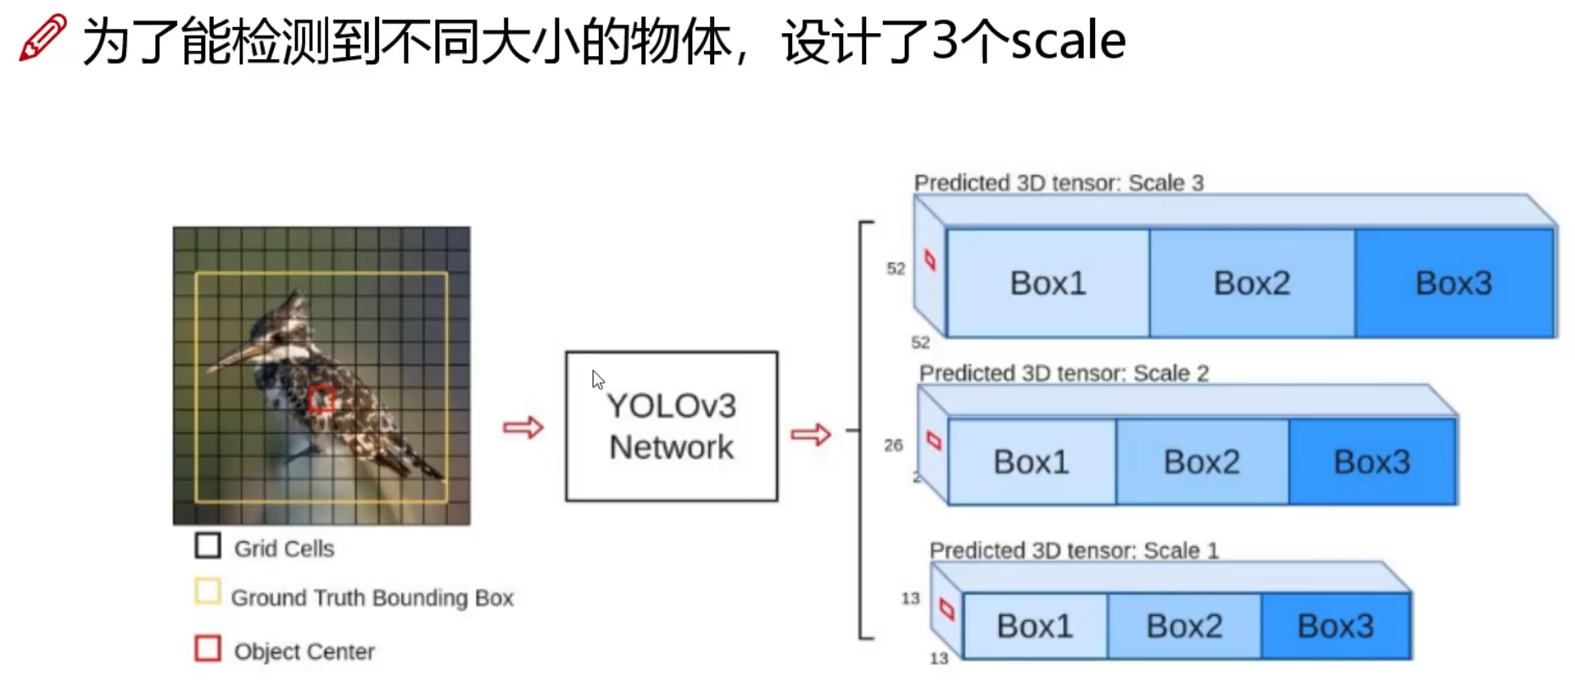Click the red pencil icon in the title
point(42,37)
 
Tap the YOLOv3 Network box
point(671,426)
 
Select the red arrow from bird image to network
point(522,427)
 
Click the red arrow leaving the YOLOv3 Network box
point(810,434)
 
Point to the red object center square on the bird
point(321,398)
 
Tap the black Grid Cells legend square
point(207,545)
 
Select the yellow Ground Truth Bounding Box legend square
point(207,591)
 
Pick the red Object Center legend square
point(207,648)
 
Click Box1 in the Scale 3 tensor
point(1047,283)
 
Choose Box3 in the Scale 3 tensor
point(1453,283)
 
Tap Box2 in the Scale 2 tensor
point(1201,462)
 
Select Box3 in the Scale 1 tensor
point(1335,626)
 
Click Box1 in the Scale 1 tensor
point(1034,626)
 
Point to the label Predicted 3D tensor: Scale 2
point(1064,373)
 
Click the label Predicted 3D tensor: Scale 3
point(1058,183)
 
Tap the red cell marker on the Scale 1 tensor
point(947,609)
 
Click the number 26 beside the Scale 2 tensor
point(893,445)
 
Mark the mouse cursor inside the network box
point(598,379)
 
